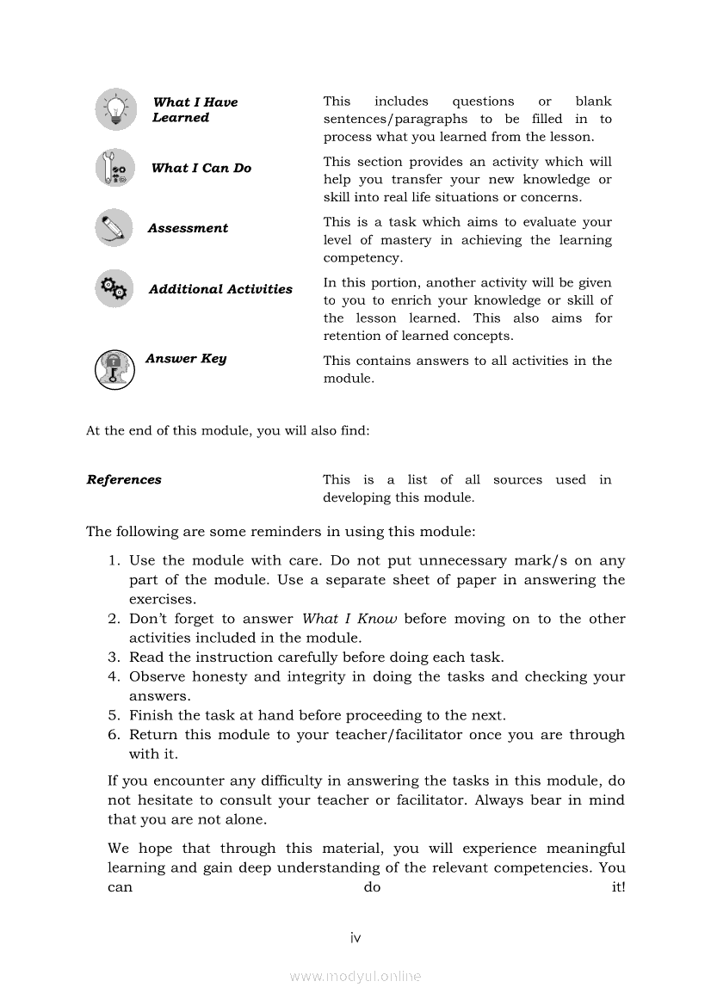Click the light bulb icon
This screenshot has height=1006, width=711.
[115, 109]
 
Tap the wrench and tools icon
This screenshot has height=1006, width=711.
[115, 169]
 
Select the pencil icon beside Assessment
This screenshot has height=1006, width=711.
[114, 228]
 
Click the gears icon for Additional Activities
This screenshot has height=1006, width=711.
[114, 288]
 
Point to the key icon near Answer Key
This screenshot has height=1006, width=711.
[114, 369]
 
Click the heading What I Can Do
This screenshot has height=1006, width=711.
[201, 168]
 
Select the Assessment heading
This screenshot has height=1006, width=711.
[188, 228]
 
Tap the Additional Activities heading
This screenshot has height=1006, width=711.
[220, 289]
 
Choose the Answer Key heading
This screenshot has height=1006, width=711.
[186, 358]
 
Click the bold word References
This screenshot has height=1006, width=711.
[124, 479]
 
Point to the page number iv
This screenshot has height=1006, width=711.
[355, 937]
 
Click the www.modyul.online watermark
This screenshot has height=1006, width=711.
[355, 976]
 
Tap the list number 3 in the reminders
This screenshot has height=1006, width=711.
[113, 657]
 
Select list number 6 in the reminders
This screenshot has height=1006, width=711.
[113, 735]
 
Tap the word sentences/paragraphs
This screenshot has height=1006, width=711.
[395, 119]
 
